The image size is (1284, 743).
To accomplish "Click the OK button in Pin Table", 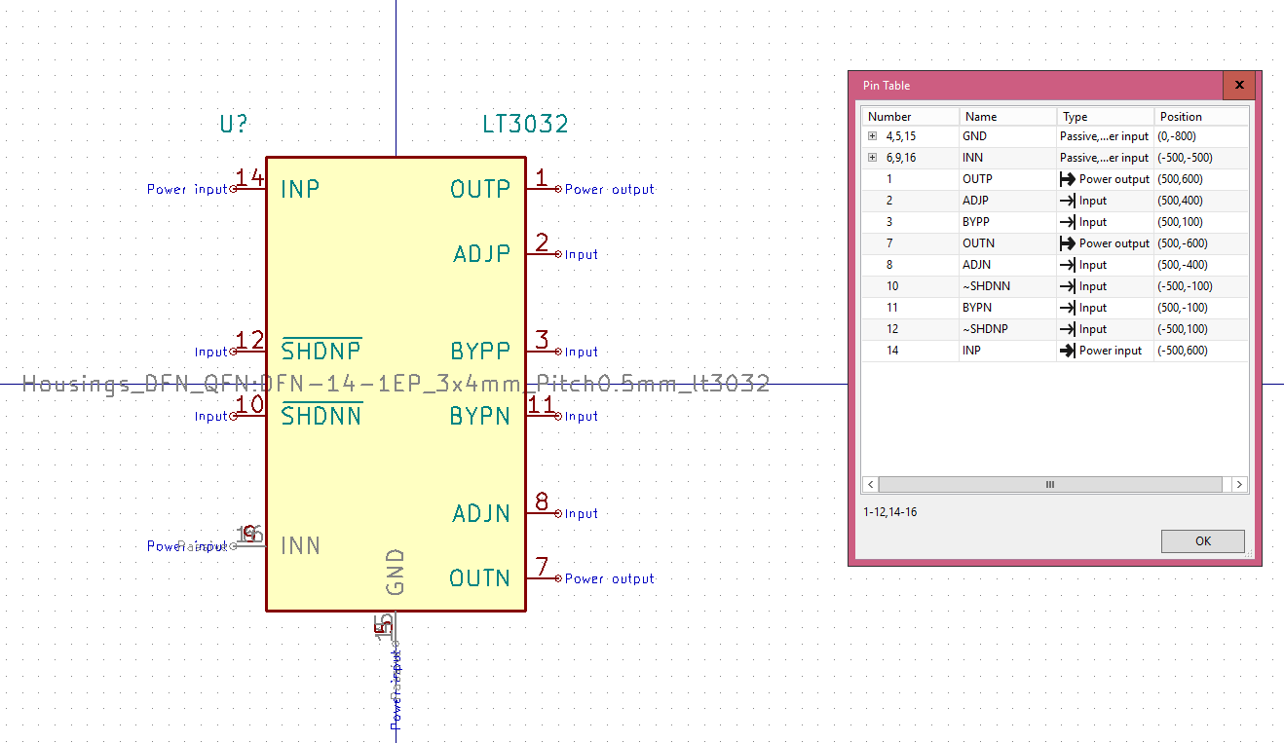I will [x=1202, y=541].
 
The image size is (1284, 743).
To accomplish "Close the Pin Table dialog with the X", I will [x=1239, y=86].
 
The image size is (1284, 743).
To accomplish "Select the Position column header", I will [x=1181, y=117].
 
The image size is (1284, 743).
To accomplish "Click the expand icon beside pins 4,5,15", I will [x=873, y=136].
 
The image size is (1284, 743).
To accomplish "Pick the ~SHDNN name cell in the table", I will [x=986, y=286].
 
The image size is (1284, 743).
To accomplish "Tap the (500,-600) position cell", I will [x=1181, y=243].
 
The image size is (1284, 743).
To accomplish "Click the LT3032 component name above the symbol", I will [x=525, y=125].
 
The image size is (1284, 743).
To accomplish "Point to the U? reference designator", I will [x=234, y=125].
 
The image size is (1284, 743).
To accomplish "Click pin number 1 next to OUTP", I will [x=542, y=178].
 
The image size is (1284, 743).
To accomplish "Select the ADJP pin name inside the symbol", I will [x=481, y=254].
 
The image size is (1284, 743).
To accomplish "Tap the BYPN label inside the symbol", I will [x=479, y=416].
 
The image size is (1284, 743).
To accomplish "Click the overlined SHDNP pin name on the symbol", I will [x=321, y=351].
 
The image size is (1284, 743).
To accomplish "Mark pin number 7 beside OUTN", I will [x=542, y=567].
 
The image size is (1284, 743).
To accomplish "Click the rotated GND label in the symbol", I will [x=395, y=572].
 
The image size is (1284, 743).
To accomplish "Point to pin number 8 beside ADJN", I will [x=542, y=502].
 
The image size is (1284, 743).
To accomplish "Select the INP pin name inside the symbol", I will [x=300, y=189].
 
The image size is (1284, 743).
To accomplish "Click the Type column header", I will [x=1076, y=117].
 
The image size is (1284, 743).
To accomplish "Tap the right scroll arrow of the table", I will [x=1238, y=484].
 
